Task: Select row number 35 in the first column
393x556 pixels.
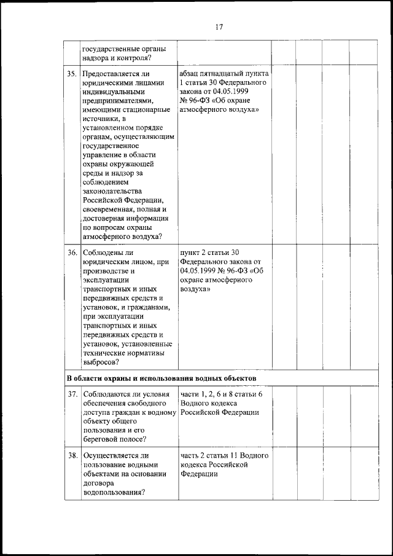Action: click(x=71, y=74)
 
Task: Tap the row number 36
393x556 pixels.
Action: click(x=71, y=253)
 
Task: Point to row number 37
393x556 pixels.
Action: click(x=71, y=394)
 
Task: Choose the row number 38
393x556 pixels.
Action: click(x=71, y=455)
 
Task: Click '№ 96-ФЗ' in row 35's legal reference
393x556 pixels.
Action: click(x=196, y=100)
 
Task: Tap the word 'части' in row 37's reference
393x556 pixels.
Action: click(x=190, y=394)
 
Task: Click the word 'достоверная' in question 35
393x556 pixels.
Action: click(x=104, y=219)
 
